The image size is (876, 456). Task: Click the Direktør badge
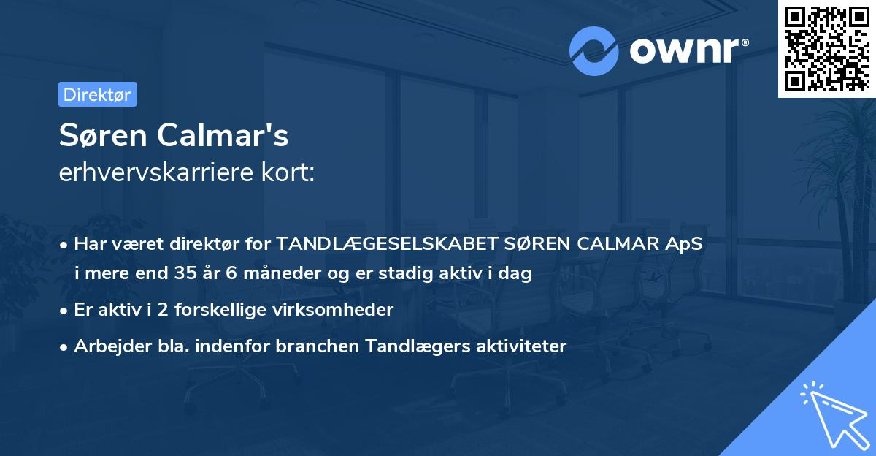click(x=97, y=94)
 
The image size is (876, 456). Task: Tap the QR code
click(x=826, y=48)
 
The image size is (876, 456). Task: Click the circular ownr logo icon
click(x=594, y=50)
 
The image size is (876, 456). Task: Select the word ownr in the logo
click(x=683, y=50)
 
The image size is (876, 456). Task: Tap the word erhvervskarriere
click(x=153, y=173)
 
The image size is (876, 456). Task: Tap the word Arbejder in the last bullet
click(x=107, y=346)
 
